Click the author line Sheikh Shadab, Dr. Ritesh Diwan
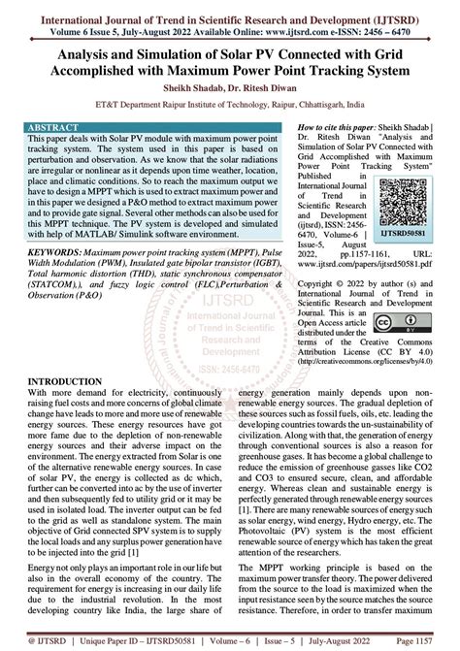click(x=229, y=97)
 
